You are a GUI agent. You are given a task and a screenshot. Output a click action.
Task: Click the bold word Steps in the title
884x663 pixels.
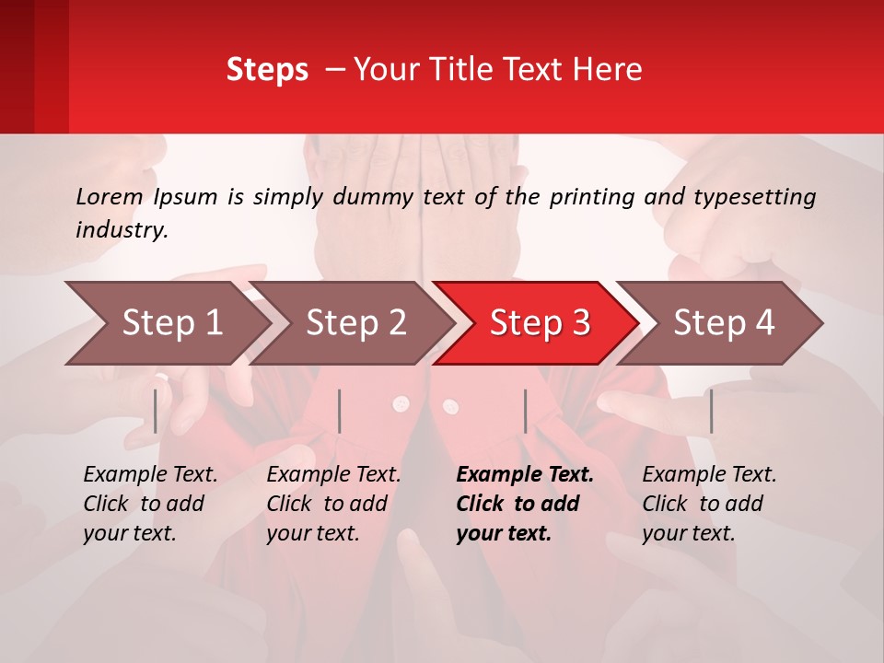tap(267, 70)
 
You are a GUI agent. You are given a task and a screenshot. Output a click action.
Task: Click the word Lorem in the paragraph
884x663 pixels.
tap(110, 196)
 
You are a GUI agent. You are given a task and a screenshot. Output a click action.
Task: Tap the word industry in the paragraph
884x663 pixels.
tap(122, 229)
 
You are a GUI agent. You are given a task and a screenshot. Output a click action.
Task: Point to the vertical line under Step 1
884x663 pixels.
tap(156, 411)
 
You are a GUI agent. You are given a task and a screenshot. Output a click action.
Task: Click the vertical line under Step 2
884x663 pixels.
tap(340, 411)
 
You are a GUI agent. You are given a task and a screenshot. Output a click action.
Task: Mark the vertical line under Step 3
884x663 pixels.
tap(525, 411)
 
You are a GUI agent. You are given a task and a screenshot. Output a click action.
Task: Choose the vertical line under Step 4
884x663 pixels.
tap(711, 411)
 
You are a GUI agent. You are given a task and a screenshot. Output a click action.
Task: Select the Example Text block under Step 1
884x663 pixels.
tap(150, 504)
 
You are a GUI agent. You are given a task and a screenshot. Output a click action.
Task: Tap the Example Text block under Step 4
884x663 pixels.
tap(709, 504)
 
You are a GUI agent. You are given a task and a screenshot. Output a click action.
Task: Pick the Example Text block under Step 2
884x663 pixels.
tap(333, 504)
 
